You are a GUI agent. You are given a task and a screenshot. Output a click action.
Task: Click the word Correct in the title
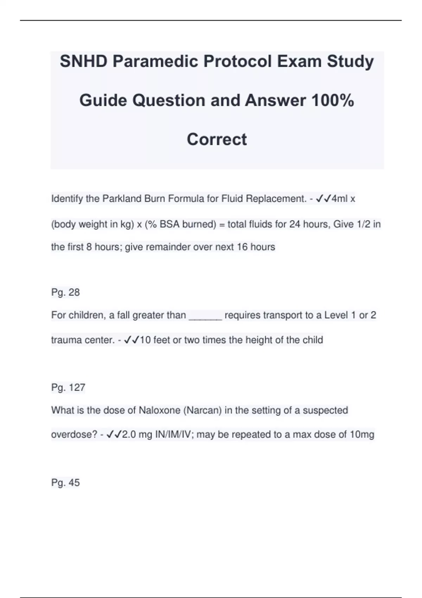coord(217,139)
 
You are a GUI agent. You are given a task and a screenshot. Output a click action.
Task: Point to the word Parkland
coord(122,199)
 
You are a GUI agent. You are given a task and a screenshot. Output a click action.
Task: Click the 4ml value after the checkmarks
coord(340,199)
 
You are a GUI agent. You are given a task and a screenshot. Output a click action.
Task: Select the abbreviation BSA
coord(170,224)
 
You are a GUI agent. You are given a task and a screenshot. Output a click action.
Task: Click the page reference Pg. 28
coord(65,292)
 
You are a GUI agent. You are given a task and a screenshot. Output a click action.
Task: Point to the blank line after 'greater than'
coord(205,316)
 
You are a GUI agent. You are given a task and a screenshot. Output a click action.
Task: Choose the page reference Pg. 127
coord(68,388)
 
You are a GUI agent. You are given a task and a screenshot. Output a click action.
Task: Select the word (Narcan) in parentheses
coord(202,411)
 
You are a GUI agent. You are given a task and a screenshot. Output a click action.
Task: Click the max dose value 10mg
coord(362,435)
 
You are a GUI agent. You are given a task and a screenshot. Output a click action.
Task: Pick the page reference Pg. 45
coord(65,483)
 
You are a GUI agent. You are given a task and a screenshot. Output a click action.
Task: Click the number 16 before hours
coord(242,247)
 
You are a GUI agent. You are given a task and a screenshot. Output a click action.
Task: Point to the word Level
coord(336,315)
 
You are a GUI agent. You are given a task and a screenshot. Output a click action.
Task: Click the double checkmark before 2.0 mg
coord(114,435)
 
